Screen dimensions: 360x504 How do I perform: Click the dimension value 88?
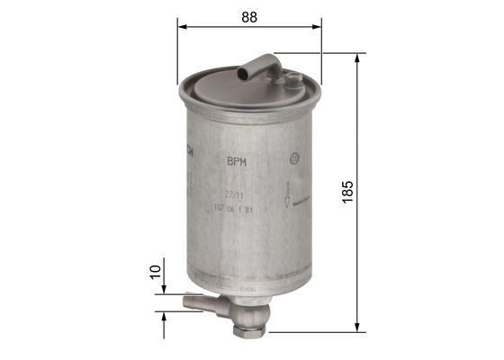click(x=249, y=15)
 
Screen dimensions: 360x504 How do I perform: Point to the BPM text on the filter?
click(x=237, y=162)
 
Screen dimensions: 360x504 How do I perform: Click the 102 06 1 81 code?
click(x=232, y=209)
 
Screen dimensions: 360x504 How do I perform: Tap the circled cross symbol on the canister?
click(x=293, y=160)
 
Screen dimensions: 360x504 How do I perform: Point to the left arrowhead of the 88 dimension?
click(x=181, y=26)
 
